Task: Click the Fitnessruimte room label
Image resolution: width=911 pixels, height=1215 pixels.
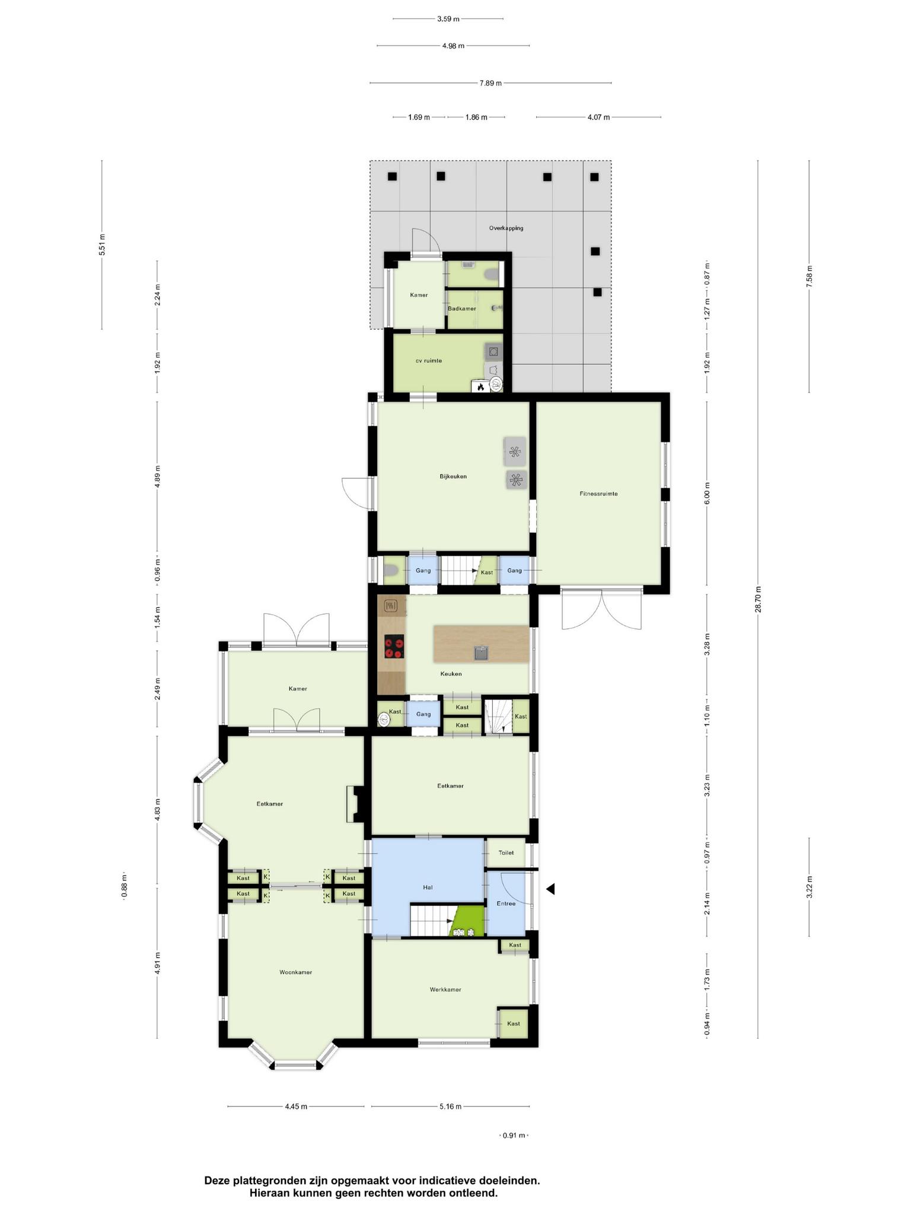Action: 598,494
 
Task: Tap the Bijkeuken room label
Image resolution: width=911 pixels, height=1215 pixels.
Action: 453,476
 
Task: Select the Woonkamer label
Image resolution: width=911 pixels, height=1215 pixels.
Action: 295,972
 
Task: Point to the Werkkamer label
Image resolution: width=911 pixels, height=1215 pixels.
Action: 445,990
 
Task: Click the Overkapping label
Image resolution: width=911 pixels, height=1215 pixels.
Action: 506,228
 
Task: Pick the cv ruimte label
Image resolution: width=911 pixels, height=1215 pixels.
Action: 428,361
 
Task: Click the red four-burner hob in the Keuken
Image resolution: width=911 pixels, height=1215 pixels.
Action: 394,647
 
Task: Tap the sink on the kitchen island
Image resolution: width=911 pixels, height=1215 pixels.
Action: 481,653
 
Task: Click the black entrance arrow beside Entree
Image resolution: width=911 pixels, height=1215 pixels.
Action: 550,889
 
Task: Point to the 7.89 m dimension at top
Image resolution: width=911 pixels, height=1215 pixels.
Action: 490,83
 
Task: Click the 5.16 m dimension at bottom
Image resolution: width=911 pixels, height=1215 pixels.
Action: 450,1106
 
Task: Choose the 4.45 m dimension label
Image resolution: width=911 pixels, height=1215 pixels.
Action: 296,1106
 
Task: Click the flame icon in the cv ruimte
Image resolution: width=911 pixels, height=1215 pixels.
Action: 480,387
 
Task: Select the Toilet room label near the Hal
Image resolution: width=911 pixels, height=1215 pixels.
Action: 506,853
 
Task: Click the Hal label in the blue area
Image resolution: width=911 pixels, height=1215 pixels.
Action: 428,888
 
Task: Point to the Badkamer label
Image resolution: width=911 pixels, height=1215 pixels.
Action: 462,308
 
